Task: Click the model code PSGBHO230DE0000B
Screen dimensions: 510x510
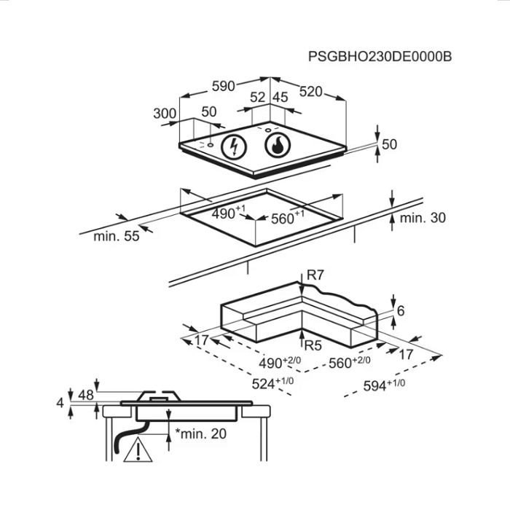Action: pos(380,56)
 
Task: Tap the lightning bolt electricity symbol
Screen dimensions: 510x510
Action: pos(234,146)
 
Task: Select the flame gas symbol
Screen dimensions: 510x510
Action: pos(278,145)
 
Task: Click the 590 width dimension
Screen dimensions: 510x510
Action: pos(223,86)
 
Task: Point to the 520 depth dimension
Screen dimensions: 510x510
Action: pos(310,92)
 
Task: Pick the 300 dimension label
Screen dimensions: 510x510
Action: pos(165,114)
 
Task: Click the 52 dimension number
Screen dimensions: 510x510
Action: pos(258,97)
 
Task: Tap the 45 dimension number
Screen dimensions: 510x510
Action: pos(280,97)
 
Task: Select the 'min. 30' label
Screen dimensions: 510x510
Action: pos(423,218)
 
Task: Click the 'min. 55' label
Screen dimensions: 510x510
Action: pos(117,236)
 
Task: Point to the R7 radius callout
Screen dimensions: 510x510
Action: pos(315,275)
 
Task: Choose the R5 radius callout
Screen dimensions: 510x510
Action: pos(313,345)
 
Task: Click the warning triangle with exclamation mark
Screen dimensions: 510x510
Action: pos(138,450)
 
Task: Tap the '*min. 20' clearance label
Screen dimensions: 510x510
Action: pos(200,433)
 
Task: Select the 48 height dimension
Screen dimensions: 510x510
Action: pos(86,395)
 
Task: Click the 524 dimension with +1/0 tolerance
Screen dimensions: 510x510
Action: pos(272,383)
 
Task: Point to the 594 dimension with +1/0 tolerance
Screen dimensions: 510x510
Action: pos(384,385)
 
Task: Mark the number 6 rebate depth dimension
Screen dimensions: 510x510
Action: pos(401,311)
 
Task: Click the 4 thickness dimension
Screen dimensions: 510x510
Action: pos(60,404)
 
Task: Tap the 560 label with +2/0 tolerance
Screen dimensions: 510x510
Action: pos(349,362)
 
